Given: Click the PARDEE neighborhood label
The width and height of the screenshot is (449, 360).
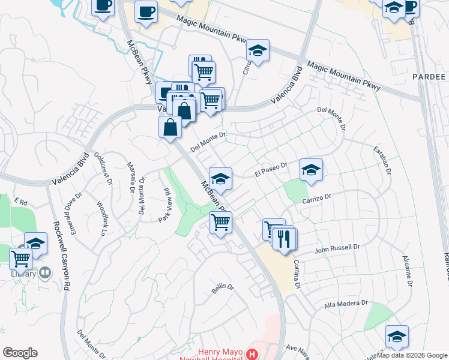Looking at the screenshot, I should (429, 77).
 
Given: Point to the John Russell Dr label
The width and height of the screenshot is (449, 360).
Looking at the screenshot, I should (337, 247).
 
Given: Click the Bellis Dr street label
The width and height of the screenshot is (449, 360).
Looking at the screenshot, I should (222, 288).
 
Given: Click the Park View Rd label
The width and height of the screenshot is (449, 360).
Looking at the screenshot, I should (164, 205).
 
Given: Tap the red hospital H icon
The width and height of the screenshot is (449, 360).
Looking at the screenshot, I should (253, 355).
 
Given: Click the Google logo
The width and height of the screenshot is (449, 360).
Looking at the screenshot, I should (20, 353).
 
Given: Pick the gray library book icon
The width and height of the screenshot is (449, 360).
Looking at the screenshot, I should (45, 273).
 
